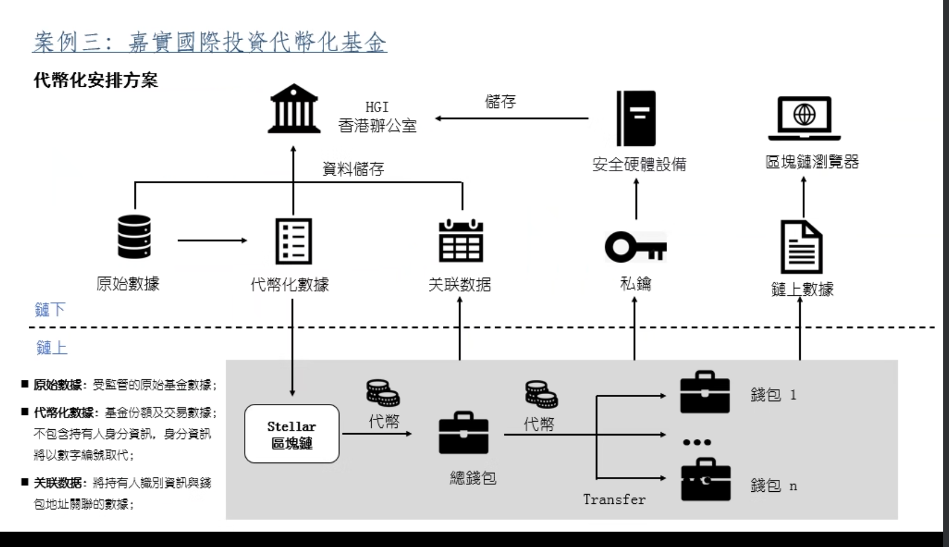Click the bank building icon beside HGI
coord(294,109)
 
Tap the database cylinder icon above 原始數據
coord(134,237)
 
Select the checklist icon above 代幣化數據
coord(294,241)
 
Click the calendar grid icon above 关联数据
coord(461,241)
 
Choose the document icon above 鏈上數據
coord(801,247)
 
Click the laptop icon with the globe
coord(804,118)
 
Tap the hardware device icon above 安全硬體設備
coord(636,118)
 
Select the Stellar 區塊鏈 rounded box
coord(292,434)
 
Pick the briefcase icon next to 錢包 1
coord(705,392)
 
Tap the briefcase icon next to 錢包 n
coord(705,480)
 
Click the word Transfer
coord(614,499)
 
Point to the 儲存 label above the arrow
coord(500,102)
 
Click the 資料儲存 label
coord(353,169)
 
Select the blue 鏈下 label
coord(50,310)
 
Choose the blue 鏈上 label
coord(52,348)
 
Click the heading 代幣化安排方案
coord(96,80)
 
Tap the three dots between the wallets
coord(697,442)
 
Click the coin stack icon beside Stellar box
coord(383,393)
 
